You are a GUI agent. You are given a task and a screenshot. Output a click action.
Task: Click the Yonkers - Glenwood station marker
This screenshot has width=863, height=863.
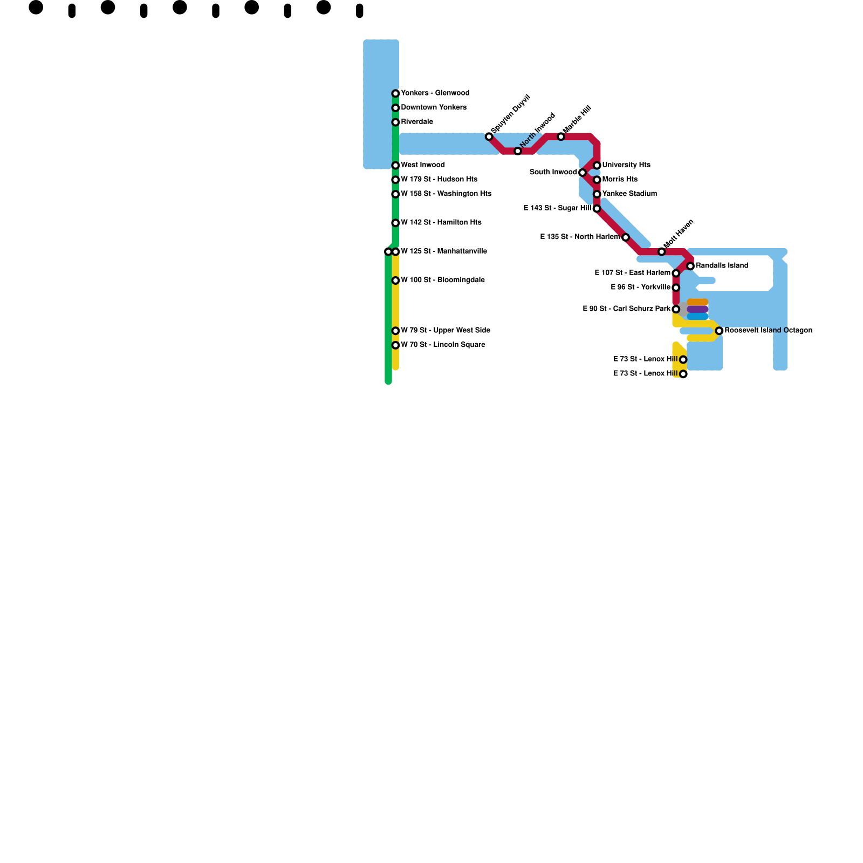395,93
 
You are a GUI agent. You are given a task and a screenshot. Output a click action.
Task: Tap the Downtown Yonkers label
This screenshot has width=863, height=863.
434,107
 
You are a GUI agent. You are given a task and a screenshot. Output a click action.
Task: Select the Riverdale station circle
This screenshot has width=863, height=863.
395,122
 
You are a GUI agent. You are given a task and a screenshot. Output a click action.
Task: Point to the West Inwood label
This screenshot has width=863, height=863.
423,165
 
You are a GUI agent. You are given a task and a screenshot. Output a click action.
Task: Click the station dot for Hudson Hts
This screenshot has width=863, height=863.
395,180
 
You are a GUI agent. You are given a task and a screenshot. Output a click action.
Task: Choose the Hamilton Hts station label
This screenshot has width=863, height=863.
441,222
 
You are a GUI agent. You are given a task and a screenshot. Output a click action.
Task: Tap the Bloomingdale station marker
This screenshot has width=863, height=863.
395,280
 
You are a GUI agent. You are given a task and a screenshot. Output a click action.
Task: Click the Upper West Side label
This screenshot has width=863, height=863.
446,330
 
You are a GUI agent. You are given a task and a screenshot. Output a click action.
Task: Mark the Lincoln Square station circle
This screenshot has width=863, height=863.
395,345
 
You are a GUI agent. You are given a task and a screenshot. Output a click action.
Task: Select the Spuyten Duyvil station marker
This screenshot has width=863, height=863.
489,136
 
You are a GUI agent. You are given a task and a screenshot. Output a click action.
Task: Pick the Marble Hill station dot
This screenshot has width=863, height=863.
561,136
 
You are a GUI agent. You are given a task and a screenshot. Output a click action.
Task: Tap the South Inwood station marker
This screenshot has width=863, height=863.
582,173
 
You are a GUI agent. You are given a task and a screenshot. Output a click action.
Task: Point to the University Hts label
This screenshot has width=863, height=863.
626,165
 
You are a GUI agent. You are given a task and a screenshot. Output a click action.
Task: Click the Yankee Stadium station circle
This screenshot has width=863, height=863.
597,194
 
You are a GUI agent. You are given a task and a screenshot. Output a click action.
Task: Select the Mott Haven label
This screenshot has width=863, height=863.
679,234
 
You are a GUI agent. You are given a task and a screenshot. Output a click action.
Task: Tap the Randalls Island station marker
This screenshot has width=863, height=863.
690,266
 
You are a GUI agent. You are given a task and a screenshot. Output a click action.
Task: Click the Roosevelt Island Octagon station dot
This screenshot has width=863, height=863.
719,331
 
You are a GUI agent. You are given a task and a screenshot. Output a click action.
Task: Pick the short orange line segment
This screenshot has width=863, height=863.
697,302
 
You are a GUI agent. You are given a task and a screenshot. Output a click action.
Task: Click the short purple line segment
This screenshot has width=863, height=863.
697,310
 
